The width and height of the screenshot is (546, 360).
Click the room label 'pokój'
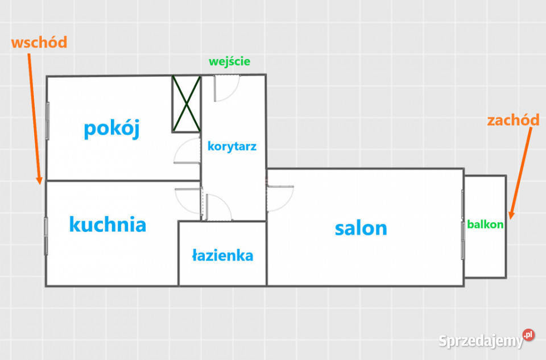tap(111, 129)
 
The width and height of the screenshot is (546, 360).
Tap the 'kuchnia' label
tap(107, 224)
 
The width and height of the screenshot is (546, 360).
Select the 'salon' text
tap(361, 228)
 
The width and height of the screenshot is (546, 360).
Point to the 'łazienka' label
tap(222, 256)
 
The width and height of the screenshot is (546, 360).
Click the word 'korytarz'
tap(232, 146)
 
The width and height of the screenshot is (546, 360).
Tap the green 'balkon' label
tap(485, 224)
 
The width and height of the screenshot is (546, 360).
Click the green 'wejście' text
tap(229, 61)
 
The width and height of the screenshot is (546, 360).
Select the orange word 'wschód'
tap(39, 42)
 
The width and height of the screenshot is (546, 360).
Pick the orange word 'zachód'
tap(513, 120)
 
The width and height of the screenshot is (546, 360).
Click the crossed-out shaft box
tap(187, 104)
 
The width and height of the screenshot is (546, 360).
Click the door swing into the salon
tap(280, 198)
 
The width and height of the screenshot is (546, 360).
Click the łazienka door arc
tap(217, 208)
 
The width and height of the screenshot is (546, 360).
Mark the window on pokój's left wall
tap(48, 119)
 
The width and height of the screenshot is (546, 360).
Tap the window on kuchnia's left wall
tap(47, 235)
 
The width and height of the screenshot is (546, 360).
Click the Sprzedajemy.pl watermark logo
tap(486, 340)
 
